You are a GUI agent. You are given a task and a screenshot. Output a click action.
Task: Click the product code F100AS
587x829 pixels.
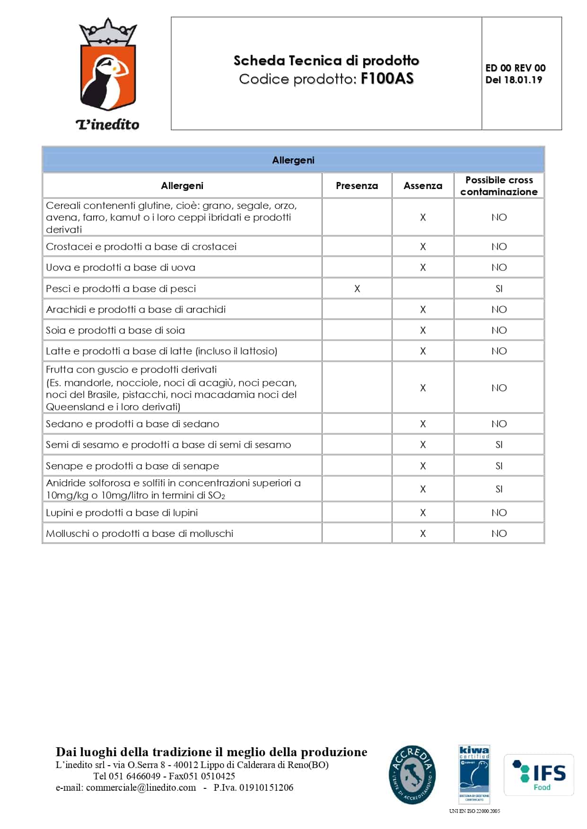387,78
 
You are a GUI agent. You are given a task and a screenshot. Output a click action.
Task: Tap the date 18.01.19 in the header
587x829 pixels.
523,80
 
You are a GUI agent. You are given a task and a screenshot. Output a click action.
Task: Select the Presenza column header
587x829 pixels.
357,186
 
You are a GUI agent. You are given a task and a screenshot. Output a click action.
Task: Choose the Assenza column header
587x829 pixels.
423,186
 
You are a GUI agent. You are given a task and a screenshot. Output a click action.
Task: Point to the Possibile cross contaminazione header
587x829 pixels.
499,186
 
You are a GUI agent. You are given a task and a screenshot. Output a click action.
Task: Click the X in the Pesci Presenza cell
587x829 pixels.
357,289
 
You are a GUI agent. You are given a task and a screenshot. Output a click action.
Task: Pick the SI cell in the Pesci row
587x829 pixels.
499,289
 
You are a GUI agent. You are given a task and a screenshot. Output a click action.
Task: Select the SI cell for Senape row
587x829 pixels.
499,466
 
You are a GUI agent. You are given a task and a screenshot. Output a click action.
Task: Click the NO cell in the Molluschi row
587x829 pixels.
499,534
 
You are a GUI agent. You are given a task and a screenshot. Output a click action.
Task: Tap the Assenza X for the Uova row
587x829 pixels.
423,268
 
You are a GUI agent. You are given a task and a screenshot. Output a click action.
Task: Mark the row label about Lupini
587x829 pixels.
122,513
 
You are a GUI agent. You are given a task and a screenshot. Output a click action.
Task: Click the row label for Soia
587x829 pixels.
115,330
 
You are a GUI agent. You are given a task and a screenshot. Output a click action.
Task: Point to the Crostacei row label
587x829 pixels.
141,247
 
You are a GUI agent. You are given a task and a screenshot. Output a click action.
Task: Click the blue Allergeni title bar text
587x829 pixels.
293,160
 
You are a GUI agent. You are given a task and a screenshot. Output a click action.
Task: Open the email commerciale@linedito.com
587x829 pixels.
141,787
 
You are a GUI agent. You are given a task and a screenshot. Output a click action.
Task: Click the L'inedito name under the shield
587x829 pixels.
108,124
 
